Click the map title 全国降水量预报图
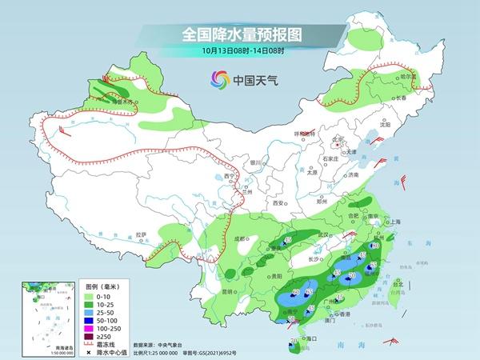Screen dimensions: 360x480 click(x=239, y=34)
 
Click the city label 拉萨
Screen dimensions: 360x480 click(x=141, y=234)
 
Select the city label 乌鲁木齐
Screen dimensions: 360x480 click(x=119, y=102)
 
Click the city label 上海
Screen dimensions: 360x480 click(x=394, y=223)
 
